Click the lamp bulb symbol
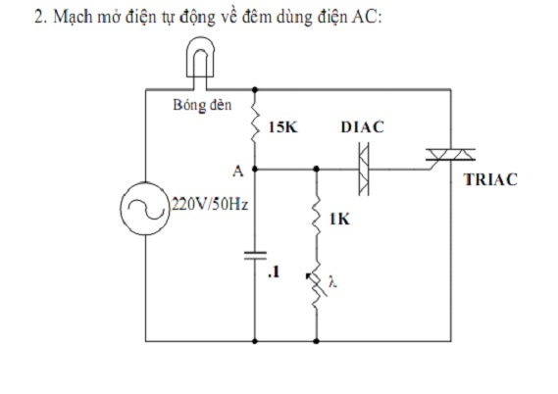pos(200,57)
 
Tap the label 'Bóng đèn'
pos(202,105)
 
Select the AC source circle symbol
pos(144,209)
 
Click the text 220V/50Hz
pos(210,205)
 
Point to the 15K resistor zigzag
pos(255,121)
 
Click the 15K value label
pos(282,127)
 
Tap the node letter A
pos(238,172)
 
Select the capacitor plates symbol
pos(255,256)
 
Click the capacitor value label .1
pos(274,272)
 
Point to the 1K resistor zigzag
pos(317,214)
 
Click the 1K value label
pos(339,220)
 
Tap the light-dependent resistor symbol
pos(317,286)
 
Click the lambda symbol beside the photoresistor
pos(332,282)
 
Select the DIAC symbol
pos(364,169)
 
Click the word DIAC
pos(362,127)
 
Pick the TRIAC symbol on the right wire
pos(450,157)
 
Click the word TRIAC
pos(490,179)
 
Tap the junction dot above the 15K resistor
pos(255,89)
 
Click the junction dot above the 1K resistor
pos(317,169)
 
